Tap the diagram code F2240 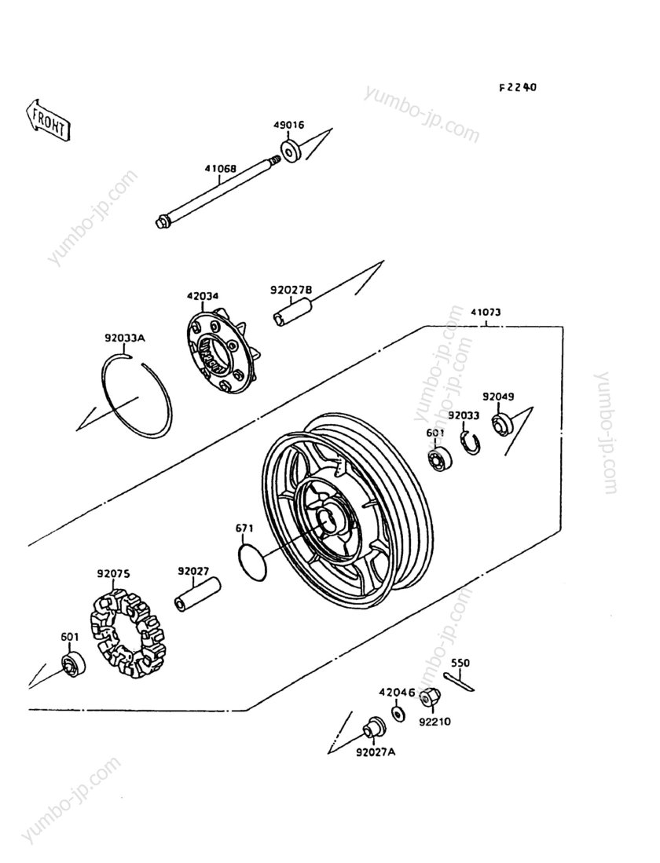coord(517,87)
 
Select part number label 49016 coord(288,125)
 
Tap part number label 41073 coord(486,313)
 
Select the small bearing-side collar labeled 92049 coord(502,424)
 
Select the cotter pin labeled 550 coord(458,682)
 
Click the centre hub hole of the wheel coord(326,519)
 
